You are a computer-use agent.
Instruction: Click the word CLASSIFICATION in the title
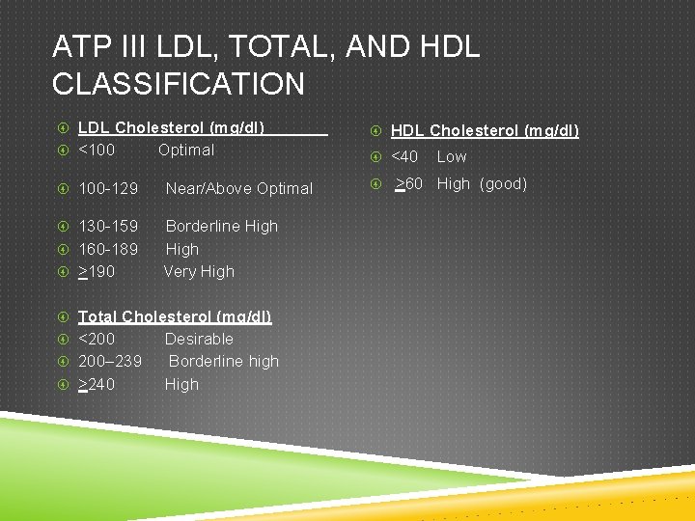[x=179, y=84]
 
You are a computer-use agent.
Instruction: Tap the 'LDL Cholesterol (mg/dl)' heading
[x=171, y=126]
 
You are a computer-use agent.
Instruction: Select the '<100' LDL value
[x=97, y=150]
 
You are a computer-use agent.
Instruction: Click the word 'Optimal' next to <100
[x=186, y=150]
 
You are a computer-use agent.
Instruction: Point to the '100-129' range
[x=108, y=188]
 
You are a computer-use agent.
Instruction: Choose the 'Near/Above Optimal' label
[x=239, y=188]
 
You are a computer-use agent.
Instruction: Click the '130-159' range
[x=108, y=226]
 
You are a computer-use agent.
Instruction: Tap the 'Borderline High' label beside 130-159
[x=222, y=226]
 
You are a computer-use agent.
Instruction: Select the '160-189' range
[x=108, y=249]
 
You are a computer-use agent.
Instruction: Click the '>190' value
[x=97, y=272]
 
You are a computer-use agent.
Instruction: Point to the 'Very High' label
[x=199, y=272]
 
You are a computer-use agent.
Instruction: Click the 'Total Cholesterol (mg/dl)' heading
[x=175, y=316]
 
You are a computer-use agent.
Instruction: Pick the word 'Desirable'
[x=199, y=339]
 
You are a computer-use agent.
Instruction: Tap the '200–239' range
[x=110, y=361]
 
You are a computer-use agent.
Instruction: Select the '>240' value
[x=97, y=384]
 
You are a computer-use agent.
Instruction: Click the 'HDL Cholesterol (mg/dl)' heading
[x=485, y=130]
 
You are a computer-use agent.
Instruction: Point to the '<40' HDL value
[x=404, y=156]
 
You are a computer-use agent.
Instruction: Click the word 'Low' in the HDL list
[x=452, y=156]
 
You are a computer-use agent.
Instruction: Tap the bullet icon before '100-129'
[x=62, y=188]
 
